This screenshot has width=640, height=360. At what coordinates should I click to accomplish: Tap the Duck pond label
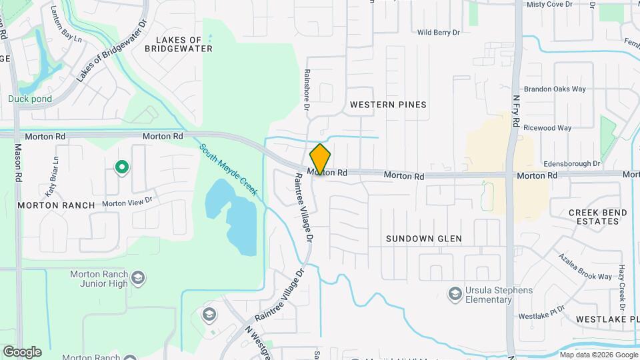pyautogui.click(x=30, y=99)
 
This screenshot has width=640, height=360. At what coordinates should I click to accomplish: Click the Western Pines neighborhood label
pyautogui.click(x=388, y=105)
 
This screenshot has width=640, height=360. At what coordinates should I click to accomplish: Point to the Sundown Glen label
pyautogui.click(x=424, y=238)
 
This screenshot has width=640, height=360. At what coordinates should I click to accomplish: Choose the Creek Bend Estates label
pyautogui.click(x=597, y=217)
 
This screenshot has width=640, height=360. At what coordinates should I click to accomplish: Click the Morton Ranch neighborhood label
pyautogui.click(x=57, y=205)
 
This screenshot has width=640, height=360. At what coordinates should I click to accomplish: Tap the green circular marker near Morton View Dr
pyautogui.click(x=121, y=167)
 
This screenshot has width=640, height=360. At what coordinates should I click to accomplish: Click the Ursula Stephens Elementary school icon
pyautogui.click(x=455, y=293)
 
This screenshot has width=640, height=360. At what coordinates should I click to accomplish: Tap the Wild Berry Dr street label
pyautogui.click(x=439, y=32)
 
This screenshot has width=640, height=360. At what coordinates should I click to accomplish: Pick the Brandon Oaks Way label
pyautogui.click(x=555, y=89)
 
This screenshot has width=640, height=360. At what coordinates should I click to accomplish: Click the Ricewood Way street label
pyautogui.click(x=547, y=127)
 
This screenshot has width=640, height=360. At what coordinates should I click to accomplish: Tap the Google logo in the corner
pyautogui.click(x=22, y=351)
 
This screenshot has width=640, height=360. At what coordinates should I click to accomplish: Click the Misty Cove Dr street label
pyautogui.click(x=549, y=4)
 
